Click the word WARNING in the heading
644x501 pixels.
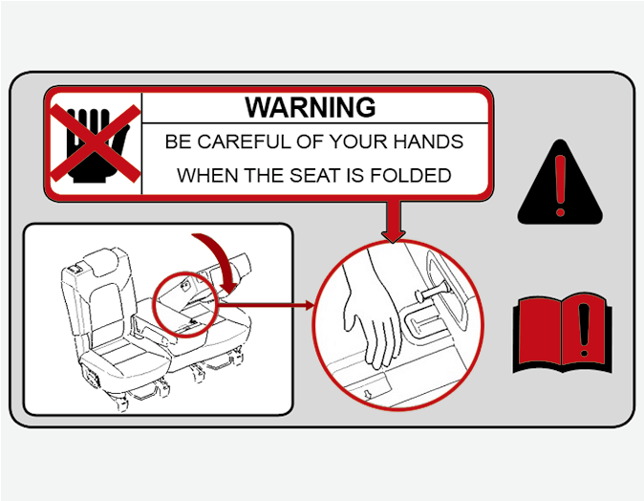(311, 107)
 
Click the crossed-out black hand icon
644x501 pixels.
(96, 143)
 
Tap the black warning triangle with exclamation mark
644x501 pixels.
(560, 182)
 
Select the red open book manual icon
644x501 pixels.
(562, 333)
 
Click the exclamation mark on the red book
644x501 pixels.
(584, 329)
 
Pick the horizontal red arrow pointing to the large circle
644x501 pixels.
(265, 305)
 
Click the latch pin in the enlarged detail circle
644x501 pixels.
(432, 291)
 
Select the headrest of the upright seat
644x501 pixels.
(107, 261)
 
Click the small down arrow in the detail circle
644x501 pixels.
(368, 394)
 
